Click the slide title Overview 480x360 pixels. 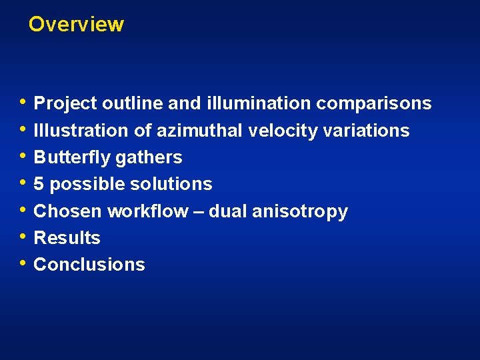(76, 25)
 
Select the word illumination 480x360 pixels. (259, 104)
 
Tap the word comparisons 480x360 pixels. (373, 104)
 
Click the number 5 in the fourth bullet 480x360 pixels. (39, 184)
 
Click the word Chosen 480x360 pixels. (68, 211)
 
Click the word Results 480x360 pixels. (67, 238)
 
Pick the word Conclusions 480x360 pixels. (89, 265)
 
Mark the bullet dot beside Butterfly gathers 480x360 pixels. (24, 157)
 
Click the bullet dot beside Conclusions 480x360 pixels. (24, 263)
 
